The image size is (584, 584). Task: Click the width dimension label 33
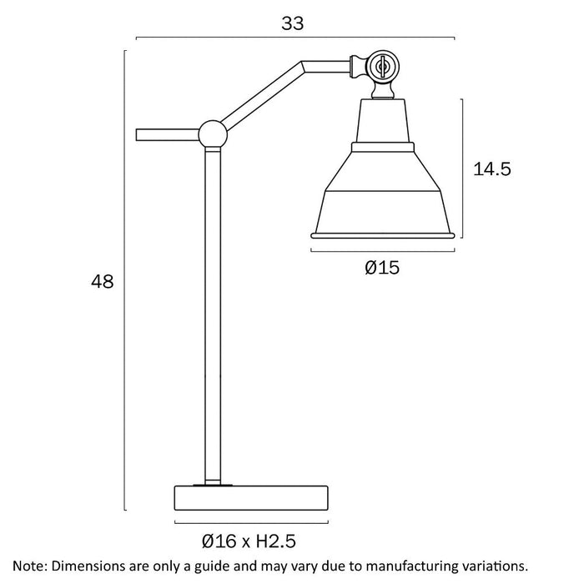pyautogui.click(x=292, y=23)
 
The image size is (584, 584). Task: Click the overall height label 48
pyautogui.click(x=102, y=282)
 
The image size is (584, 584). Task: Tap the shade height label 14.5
pyautogui.click(x=491, y=169)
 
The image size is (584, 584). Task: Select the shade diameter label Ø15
pyautogui.click(x=383, y=268)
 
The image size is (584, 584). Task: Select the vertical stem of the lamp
pyautogui.click(x=214, y=317)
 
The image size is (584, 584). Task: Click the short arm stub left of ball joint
pyautogui.click(x=166, y=133)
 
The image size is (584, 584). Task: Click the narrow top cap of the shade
pyautogui.click(x=384, y=121)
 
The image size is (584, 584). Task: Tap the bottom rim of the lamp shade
pyautogui.click(x=384, y=235)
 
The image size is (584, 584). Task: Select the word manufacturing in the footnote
pyautogui.click(x=396, y=566)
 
